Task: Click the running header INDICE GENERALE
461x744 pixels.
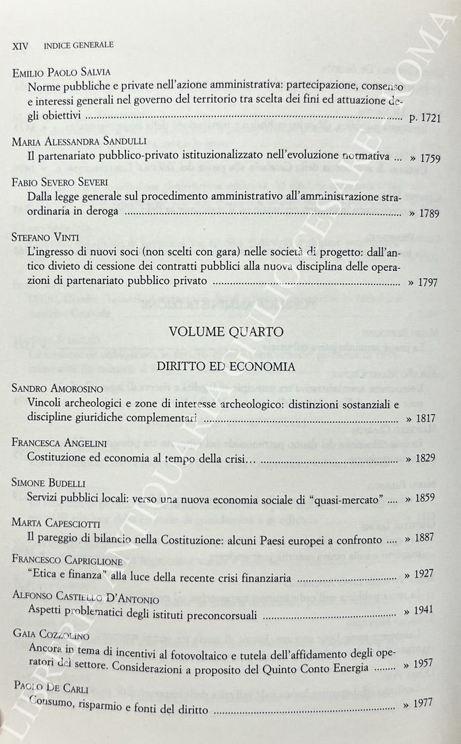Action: (x=79, y=45)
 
